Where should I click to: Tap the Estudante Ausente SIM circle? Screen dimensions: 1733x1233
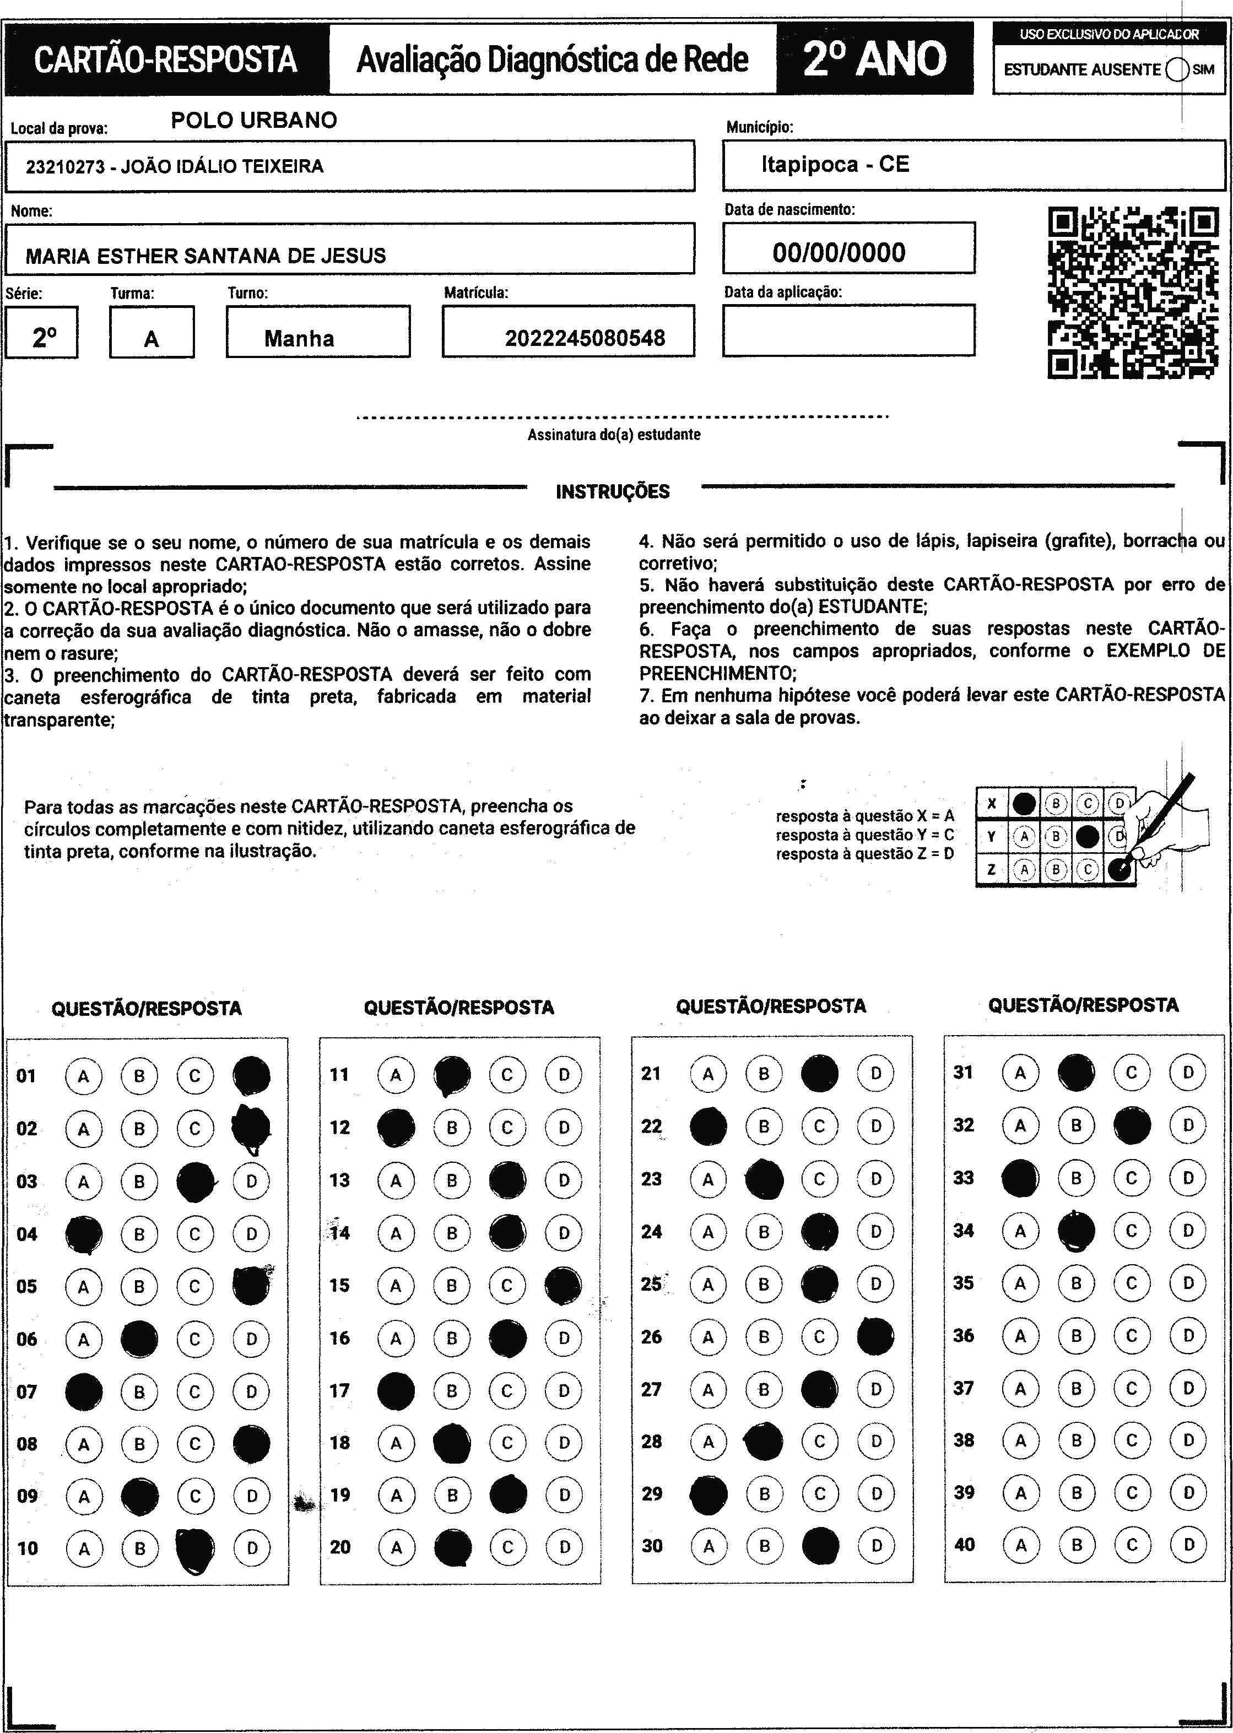point(1176,70)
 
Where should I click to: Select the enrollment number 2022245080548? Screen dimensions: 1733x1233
point(585,338)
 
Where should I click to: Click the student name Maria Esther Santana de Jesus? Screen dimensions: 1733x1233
point(205,256)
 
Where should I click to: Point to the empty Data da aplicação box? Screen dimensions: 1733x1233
point(848,330)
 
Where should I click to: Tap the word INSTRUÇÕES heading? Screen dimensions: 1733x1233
point(613,492)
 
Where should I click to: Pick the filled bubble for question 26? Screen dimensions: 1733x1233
point(875,1336)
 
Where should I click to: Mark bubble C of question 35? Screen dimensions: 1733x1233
point(1131,1283)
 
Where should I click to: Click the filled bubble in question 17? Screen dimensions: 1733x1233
point(396,1391)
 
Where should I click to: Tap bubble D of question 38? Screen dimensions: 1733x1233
point(1188,1439)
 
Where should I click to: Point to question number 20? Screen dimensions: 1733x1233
point(340,1546)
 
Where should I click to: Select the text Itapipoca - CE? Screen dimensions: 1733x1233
point(835,165)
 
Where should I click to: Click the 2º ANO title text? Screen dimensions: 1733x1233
point(875,59)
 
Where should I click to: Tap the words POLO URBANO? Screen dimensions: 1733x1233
point(253,120)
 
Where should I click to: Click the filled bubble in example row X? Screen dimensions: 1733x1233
point(1024,803)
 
